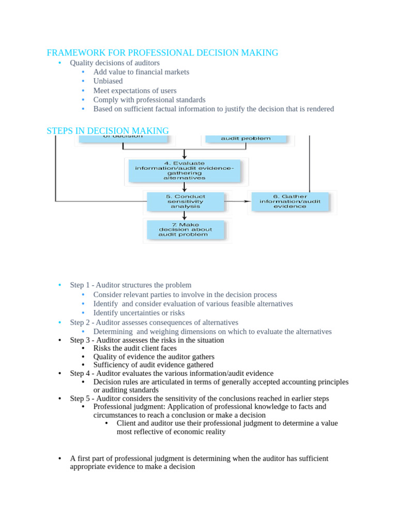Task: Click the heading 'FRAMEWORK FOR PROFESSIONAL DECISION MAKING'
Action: point(162,53)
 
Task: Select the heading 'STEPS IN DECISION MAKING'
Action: point(108,131)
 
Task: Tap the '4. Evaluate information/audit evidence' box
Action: point(185,171)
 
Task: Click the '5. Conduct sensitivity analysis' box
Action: point(186,201)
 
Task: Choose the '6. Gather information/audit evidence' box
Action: point(290,201)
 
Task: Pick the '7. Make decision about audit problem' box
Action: point(185,230)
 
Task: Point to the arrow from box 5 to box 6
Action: point(237,201)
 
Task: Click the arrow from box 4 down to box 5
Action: point(185,187)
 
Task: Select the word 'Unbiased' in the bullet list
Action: point(108,81)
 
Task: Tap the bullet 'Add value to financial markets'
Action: point(141,72)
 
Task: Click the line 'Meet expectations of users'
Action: point(134,91)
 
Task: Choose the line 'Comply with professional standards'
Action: point(149,100)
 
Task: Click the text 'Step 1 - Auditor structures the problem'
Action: point(130,285)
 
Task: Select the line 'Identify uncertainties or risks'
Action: point(139,313)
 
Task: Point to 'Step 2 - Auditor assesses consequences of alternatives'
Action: point(154,322)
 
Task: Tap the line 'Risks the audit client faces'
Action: point(134,348)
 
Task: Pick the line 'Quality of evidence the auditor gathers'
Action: point(154,357)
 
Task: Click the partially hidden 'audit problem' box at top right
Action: point(246,138)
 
